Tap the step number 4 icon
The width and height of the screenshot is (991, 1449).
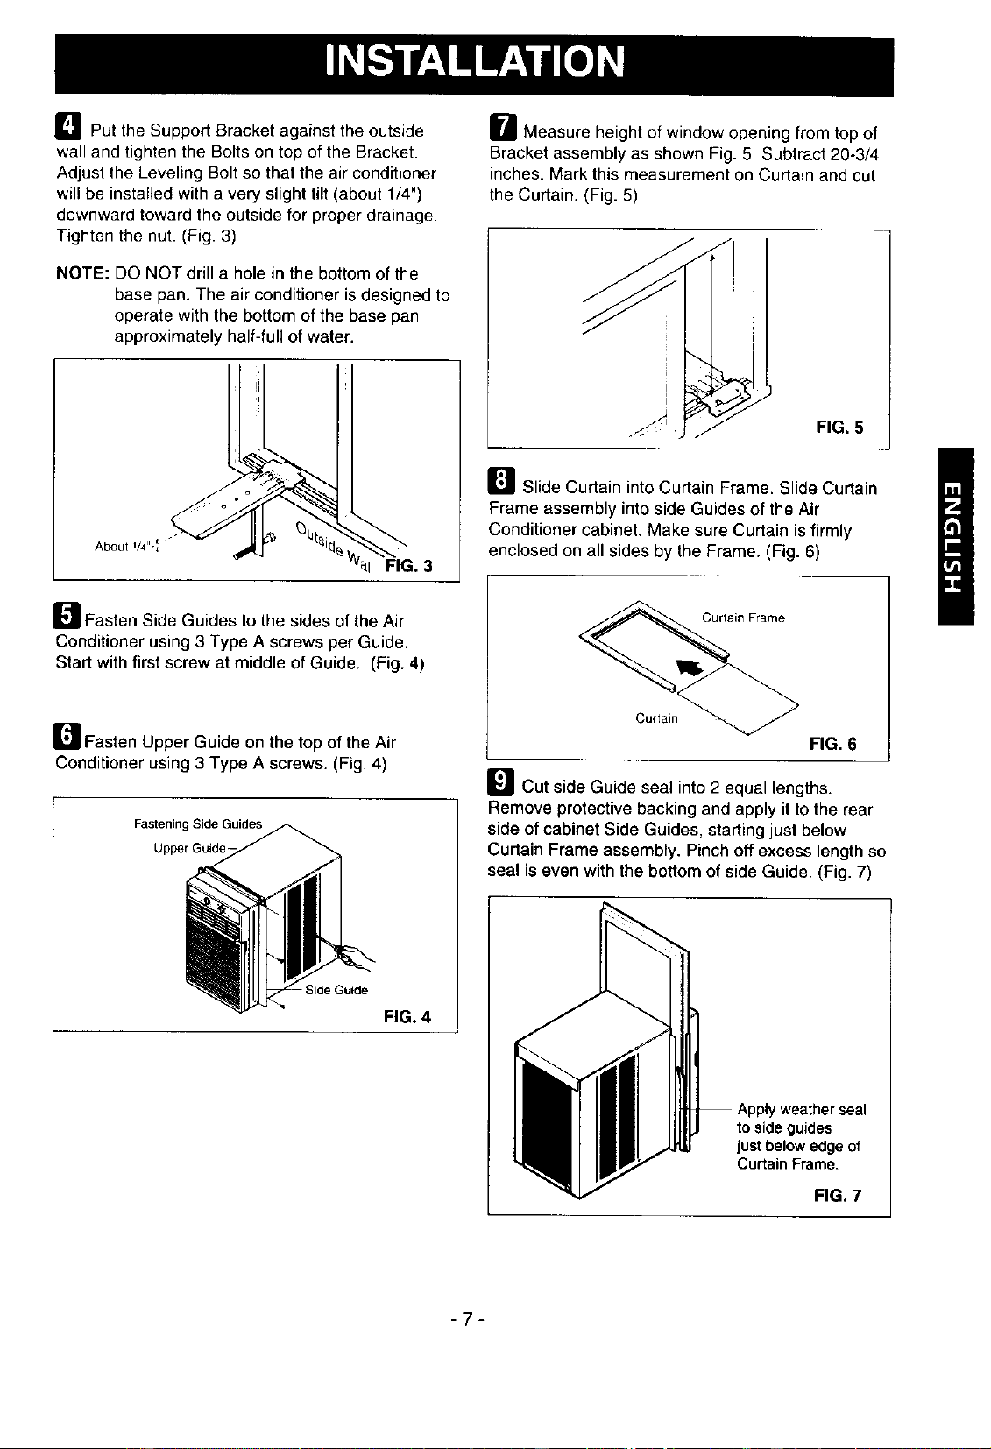pos(68,126)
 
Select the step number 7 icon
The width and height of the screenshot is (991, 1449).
pos(503,127)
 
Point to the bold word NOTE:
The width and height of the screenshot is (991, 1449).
pos(82,273)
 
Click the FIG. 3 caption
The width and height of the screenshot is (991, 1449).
pos(408,567)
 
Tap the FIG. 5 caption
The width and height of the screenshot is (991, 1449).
pos(839,428)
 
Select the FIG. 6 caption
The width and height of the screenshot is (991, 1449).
pos(833,744)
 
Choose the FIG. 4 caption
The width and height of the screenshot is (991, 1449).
pos(407,1017)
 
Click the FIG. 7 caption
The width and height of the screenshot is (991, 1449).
pos(838,1196)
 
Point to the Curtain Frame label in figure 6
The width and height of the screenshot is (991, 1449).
pos(743,618)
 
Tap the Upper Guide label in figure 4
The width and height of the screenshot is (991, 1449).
pos(189,848)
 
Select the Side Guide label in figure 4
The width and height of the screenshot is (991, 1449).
pos(336,990)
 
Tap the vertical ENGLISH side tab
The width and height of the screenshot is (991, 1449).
pos(955,536)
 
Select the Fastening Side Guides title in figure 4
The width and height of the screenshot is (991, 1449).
pos(198,824)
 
